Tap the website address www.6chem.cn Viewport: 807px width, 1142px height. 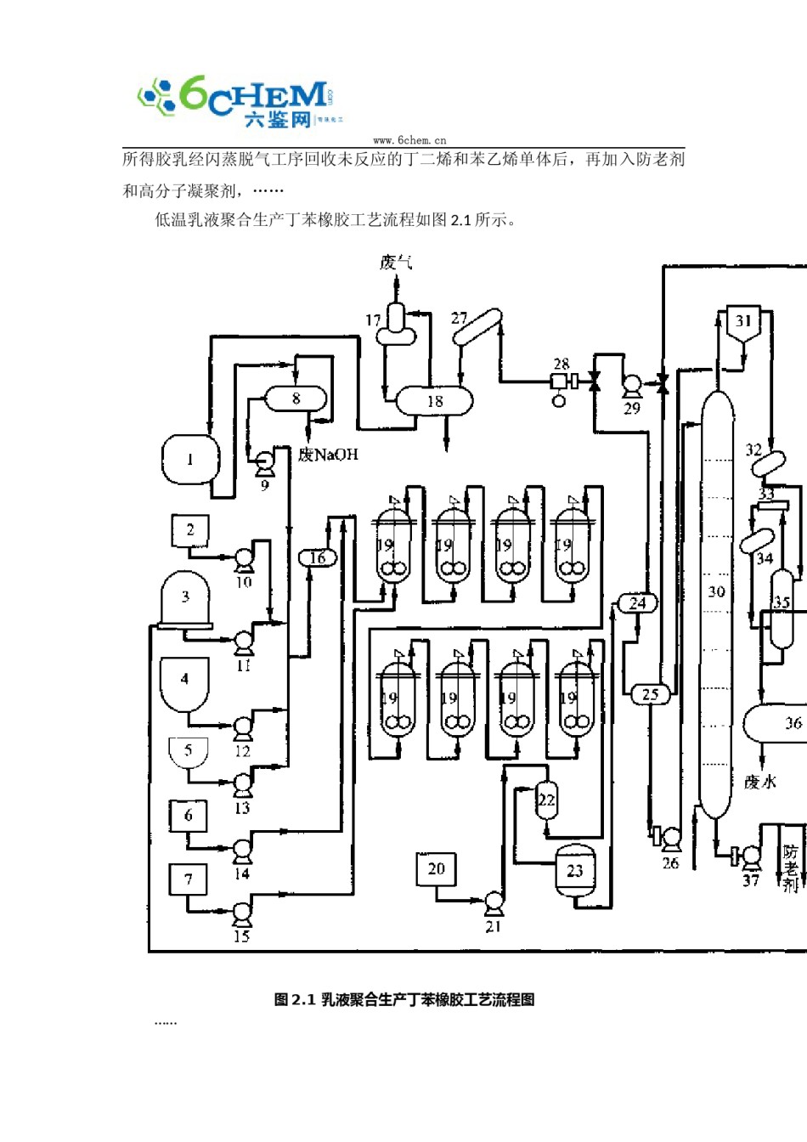(409, 140)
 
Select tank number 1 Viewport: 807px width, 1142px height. (190, 459)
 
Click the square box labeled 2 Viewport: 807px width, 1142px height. (190, 531)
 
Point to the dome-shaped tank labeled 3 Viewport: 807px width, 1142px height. (185, 597)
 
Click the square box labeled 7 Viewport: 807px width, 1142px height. (189, 879)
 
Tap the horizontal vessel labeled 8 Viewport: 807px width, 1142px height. (296, 398)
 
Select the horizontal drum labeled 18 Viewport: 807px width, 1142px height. (435, 401)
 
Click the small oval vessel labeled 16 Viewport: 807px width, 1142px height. (318, 557)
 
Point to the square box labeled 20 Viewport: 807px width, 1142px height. (436, 868)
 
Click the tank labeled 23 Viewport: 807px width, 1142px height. (575, 870)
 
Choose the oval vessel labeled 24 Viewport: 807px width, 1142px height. (637, 603)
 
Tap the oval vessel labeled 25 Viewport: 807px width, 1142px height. (650, 694)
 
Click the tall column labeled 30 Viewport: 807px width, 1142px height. (717, 595)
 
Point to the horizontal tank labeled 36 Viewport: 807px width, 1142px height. (777, 723)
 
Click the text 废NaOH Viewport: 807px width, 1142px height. (328, 455)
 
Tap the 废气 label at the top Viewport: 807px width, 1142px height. (396, 262)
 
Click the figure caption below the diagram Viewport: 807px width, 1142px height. (404, 999)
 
